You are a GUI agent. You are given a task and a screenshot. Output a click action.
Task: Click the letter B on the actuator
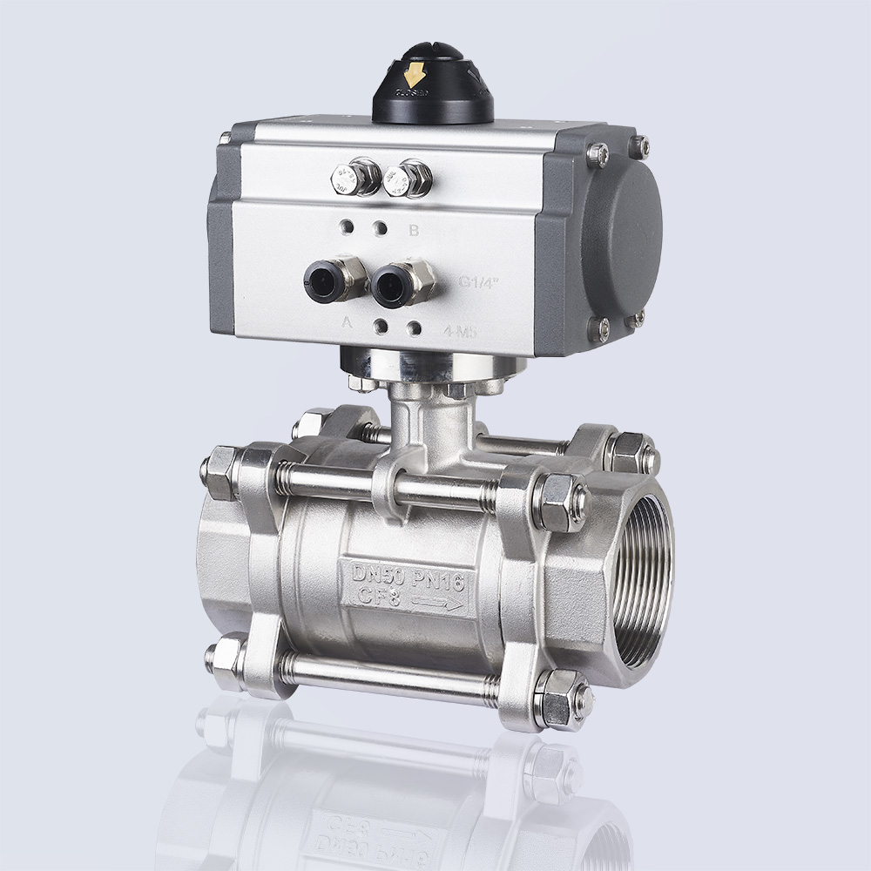415,231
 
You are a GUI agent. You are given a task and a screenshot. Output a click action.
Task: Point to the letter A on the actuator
347,323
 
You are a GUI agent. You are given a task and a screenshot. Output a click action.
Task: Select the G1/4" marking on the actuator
477,281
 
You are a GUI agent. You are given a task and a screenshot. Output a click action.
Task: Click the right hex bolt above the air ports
406,179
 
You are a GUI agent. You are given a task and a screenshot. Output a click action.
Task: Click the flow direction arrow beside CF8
436,603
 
